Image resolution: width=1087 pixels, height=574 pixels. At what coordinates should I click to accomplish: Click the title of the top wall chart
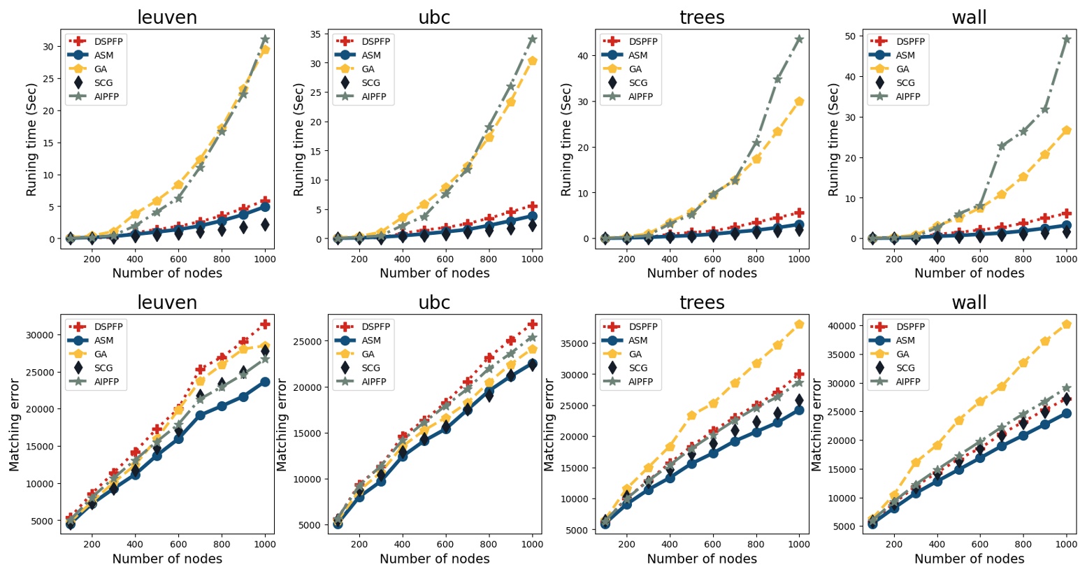click(x=969, y=17)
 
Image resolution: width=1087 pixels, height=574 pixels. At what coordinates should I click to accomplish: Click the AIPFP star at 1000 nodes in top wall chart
click(x=1066, y=39)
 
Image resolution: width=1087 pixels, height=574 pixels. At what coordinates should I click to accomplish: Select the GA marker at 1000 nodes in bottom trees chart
click(x=799, y=324)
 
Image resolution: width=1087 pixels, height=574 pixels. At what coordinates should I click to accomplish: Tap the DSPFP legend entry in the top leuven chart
click(x=108, y=41)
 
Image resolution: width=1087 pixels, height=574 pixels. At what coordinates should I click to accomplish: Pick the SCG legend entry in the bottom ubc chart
click(x=370, y=368)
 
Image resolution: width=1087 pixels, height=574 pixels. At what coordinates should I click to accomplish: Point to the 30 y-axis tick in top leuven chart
click(x=48, y=47)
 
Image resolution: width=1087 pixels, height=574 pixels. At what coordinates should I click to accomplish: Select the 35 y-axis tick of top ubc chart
click(x=315, y=34)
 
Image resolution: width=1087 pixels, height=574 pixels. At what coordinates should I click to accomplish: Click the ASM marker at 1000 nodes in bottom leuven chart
click(x=265, y=382)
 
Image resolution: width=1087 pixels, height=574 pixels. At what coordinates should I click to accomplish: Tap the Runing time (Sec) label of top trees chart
click(x=566, y=140)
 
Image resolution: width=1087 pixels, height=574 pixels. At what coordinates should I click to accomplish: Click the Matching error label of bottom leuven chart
click(x=14, y=424)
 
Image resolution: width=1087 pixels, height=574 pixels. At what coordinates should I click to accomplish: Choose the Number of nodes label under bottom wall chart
click(x=969, y=559)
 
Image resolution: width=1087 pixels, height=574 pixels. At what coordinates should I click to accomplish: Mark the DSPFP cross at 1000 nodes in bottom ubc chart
click(x=532, y=324)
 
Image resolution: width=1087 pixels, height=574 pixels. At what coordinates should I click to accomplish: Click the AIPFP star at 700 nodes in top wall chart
click(x=1002, y=146)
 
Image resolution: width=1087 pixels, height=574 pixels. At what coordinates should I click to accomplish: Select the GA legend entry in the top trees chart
click(x=635, y=69)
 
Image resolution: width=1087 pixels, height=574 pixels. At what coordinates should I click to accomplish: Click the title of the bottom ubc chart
click(x=434, y=303)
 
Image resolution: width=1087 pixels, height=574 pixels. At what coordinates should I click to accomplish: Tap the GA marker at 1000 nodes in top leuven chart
click(x=265, y=50)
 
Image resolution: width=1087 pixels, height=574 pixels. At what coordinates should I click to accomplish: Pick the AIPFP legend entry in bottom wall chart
click(x=907, y=382)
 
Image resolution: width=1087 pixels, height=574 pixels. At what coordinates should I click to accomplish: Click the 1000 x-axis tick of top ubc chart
click(x=532, y=259)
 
